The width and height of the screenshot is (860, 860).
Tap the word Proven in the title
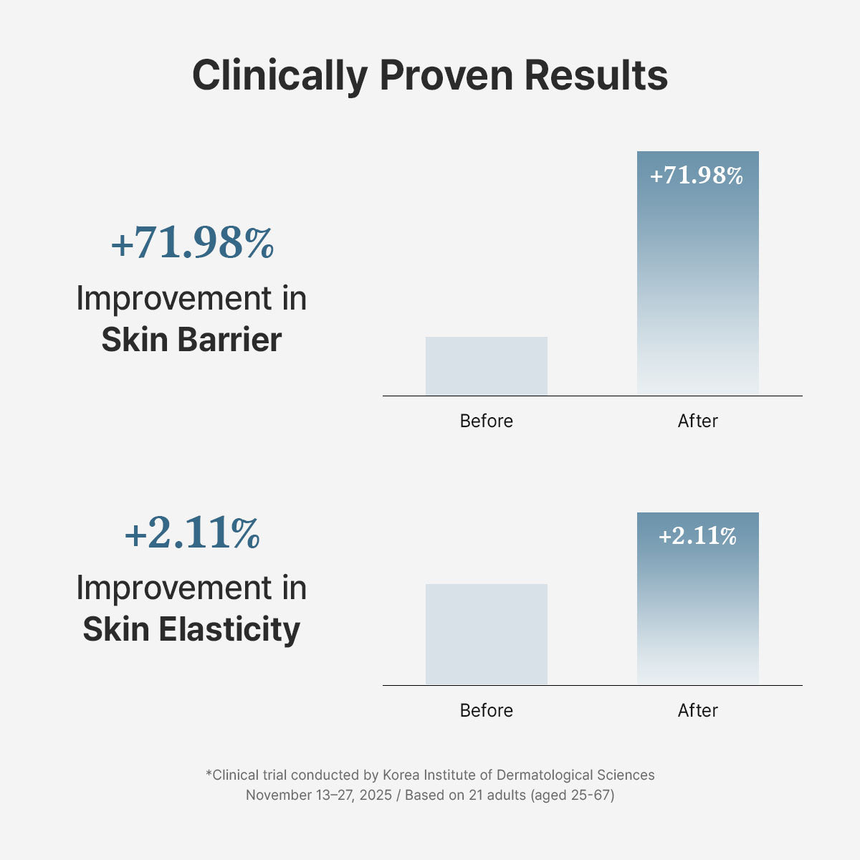pyautogui.click(x=446, y=75)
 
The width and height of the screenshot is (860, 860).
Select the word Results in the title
pyautogui.click(x=596, y=75)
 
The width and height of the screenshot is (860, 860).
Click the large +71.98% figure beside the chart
pyautogui.click(x=192, y=243)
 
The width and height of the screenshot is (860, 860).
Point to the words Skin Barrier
pyautogui.click(x=191, y=340)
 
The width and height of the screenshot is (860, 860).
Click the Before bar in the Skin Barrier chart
pyautogui.click(x=487, y=366)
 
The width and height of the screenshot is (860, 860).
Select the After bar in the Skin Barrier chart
pyautogui.click(x=698, y=287)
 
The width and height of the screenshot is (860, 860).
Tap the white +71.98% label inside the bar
pyautogui.click(x=697, y=176)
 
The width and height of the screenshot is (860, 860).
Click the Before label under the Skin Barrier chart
pyautogui.click(x=487, y=421)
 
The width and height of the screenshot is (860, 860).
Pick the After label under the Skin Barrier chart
pyautogui.click(x=698, y=421)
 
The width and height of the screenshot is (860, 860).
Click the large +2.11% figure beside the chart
pyautogui.click(x=192, y=533)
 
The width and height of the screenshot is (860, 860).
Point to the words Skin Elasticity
pyautogui.click(x=191, y=629)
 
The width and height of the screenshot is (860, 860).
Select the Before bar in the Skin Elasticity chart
pyautogui.click(x=487, y=634)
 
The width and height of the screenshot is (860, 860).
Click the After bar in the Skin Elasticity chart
pyautogui.click(x=698, y=616)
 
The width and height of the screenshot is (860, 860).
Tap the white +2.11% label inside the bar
pyautogui.click(x=697, y=536)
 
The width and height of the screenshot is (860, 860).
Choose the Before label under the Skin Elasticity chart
pyautogui.click(x=487, y=710)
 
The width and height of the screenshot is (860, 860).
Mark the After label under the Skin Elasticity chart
pyautogui.click(x=698, y=710)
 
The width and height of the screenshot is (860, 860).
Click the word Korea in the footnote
pyautogui.click(x=401, y=775)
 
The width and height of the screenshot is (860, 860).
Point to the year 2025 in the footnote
pyautogui.click(x=376, y=795)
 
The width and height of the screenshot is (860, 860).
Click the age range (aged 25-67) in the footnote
pyautogui.click(x=573, y=795)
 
